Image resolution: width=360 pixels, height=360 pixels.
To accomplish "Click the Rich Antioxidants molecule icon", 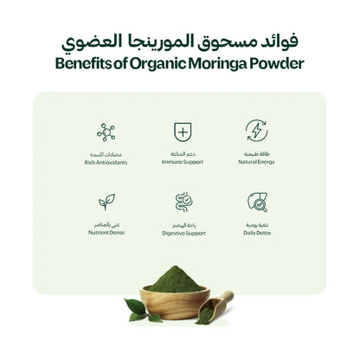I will [106, 132].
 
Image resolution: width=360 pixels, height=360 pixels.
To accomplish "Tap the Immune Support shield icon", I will [182, 132].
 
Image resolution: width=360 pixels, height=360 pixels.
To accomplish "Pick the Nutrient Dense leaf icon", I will [106, 202].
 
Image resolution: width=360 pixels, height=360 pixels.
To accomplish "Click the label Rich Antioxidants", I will [106, 162].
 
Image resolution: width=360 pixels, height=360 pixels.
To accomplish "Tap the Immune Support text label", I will [182, 162].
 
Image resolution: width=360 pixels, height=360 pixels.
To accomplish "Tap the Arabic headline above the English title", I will [180, 40].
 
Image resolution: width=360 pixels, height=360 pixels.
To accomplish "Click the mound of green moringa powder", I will [175, 280].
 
